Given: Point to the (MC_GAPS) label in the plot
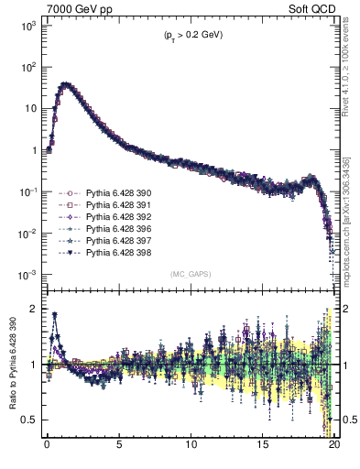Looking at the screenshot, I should click(x=191, y=273).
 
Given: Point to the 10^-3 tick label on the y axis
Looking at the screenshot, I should click(x=27, y=275).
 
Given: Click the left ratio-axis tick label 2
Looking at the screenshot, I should click(x=35, y=310).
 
